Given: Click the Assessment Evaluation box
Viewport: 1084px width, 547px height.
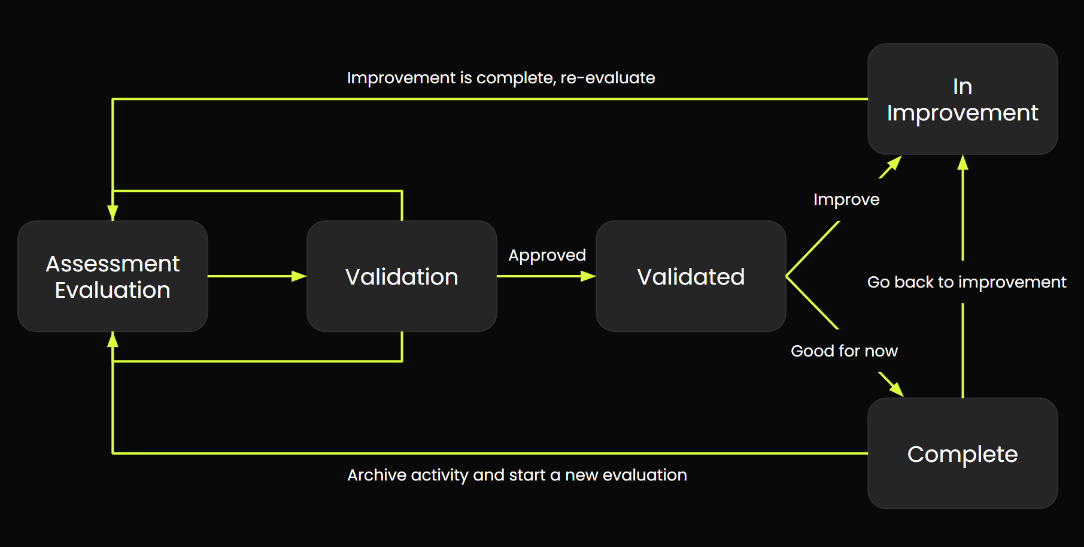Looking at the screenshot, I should pyautogui.click(x=113, y=276).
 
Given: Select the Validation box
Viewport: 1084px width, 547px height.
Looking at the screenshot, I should pyautogui.click(x=402, y=276).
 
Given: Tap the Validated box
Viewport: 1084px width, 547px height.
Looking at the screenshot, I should pyautogui.click(x=691, y=276).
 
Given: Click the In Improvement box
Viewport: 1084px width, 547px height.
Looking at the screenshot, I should pyautogui.click(x=962, y=99).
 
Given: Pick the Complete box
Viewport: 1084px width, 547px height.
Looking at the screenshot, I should pyautogui.click(x=962, y=454).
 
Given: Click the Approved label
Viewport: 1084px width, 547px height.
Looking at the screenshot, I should pyautogui.click(x=547, y=255).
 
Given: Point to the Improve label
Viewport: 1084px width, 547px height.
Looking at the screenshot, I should pyautogui.click(x=846, y=200).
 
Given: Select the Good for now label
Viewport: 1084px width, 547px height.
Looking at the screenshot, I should pyautogui.click(x=844, y=351).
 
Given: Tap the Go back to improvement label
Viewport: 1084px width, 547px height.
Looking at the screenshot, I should pyautogui.click(x=967, y=282).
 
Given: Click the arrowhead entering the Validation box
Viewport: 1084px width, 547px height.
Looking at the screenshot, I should pyautogui.click(x=299, y=276).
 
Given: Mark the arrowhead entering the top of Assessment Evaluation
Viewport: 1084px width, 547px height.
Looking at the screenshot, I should pyautogui.click(x=113, y=213).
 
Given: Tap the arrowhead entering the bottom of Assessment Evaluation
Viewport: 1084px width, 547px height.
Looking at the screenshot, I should pyautogui.click(x=113, y=340).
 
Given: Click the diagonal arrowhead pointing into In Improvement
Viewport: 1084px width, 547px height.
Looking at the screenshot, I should pyautogui.click(x=895, y=162).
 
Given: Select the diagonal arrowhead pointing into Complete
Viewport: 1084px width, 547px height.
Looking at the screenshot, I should pyautogui.click(x=896, y=389).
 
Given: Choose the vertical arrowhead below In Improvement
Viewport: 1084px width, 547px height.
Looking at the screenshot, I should pyautogui.click(x=962, y=162).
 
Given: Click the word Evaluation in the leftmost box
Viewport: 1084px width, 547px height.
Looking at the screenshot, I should pyautogui.click(x=113, y=291).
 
